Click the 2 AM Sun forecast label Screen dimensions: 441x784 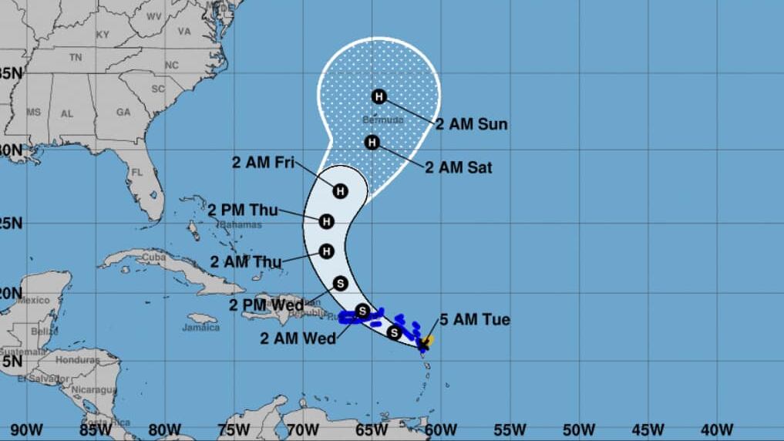(x=472, y=124)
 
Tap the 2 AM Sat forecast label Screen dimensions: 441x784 (x=459, y=167)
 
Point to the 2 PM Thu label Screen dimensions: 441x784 (x=243, y=209)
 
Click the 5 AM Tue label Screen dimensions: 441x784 (x=475, y=319)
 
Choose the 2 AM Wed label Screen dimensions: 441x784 (x=298, y=338)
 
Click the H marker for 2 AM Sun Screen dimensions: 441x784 (x=379, y=96)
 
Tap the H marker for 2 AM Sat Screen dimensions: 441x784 (x=372, y=143)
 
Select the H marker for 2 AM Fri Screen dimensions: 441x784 (x=340, y=190)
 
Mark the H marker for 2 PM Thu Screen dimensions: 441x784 (x=326, y=222)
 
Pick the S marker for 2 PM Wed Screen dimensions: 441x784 (x=341, y=283)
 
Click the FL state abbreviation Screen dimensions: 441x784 (x=138, y=173)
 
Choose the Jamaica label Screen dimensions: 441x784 (x=200, y=327)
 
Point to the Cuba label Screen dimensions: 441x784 (x=154, y=257)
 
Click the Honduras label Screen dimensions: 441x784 (x=77, y=360)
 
